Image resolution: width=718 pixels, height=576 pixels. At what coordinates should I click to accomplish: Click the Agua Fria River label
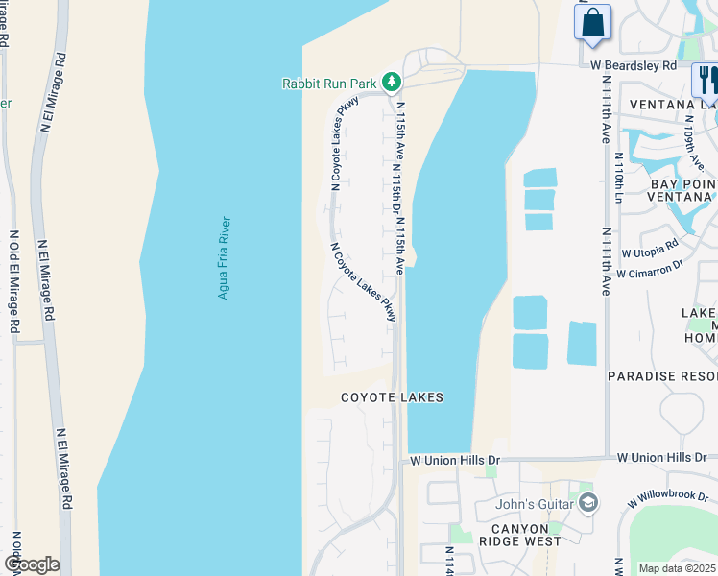(224, 257)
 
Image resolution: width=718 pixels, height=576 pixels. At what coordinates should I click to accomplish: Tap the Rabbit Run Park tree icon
(391, 83)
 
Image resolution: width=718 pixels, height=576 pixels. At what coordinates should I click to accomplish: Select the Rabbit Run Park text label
(329, 84)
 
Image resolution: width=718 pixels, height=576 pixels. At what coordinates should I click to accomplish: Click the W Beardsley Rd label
(634, 65)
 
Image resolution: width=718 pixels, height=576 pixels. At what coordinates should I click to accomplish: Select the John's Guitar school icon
(588, 503)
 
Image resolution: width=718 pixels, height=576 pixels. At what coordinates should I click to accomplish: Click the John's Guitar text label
(535, 504)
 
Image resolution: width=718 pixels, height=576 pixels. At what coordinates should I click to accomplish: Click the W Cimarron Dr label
(649, 270)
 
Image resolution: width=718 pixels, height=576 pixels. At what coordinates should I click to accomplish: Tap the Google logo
(32, 564)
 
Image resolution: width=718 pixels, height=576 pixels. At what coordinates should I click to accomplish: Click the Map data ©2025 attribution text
(678, 568)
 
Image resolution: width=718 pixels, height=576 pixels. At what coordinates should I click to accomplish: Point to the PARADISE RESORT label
(662, 376)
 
